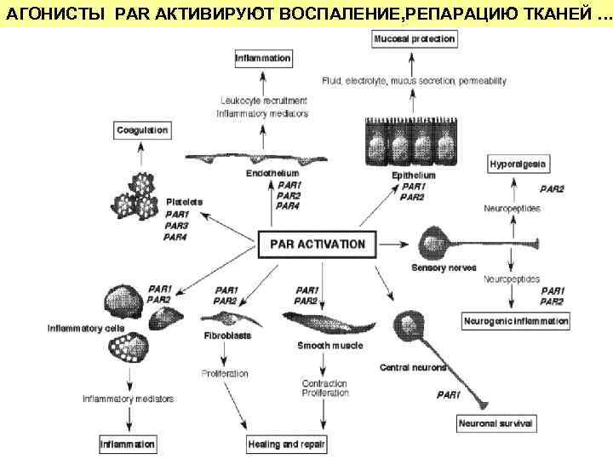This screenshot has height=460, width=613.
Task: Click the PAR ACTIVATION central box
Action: tap(317, 244)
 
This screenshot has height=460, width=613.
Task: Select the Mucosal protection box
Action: tap(414, 39)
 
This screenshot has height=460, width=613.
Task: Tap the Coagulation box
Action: tap(141, 130)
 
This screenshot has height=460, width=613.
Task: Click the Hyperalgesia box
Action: tap(518, 163)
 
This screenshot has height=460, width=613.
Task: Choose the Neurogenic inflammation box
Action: tap(516, 321)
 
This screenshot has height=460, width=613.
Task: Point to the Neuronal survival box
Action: tap(496, 423)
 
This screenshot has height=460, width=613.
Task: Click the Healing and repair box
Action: tap(287, 445)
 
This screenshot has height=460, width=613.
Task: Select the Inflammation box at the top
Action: tap(264, 59)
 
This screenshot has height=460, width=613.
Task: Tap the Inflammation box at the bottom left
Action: tap(128, 445)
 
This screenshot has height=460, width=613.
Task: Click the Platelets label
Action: tap(185, 202)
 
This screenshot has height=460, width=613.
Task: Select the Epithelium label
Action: tap(413, 175)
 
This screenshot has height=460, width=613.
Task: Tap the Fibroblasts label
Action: tap(227, 336)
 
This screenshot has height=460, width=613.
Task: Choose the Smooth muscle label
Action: tap(329, 345)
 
